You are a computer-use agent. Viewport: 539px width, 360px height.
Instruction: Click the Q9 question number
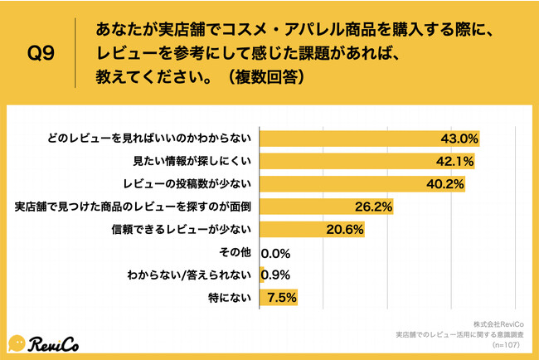tap(41, 54)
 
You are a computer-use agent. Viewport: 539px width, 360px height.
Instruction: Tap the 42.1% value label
tap(454, 161)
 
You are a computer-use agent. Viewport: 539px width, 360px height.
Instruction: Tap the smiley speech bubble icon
tap(18, 342)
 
